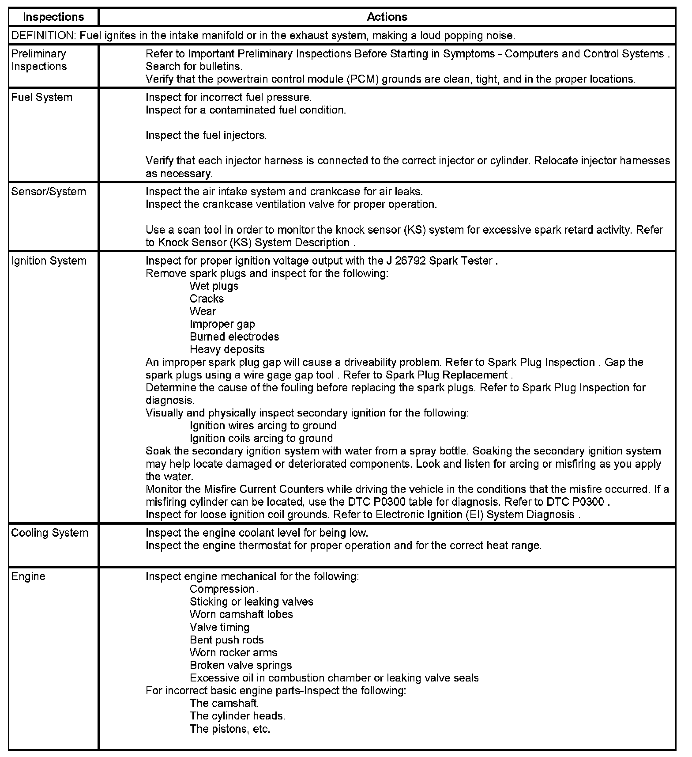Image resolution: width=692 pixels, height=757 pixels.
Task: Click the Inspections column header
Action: tap(53, 17)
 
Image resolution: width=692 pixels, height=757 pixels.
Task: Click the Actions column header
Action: tap(387, 17)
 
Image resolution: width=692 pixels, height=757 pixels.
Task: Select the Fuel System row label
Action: tap(42, 98)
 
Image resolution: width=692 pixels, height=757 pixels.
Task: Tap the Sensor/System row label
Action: tap(49, 192)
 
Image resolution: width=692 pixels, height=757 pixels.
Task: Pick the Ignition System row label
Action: tap(49, 261)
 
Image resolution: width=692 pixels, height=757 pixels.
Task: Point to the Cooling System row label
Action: tap(49, 533)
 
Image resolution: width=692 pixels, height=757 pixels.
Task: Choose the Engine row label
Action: tap(28, 577)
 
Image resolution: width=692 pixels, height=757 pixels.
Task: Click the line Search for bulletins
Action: tap(194, 67)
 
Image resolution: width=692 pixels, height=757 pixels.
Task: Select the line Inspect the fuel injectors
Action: tap(206, 136)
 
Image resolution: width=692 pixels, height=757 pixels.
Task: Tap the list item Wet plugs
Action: tap(214, 286)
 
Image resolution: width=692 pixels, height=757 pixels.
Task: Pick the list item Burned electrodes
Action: tap(234, 337)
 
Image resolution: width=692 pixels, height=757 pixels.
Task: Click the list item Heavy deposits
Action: tap(227, 350)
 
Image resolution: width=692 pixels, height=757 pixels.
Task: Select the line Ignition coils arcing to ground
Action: tap(261, 439)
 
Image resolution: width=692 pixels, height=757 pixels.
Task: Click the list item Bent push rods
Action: tap(226, 640)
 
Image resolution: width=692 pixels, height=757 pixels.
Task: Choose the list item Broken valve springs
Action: tap(241, 666)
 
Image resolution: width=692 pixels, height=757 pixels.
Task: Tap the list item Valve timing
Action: tap(219, 628)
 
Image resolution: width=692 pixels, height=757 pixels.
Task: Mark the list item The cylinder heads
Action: tap(237, 716)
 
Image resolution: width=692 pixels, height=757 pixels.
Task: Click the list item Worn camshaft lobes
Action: tap(241, 615)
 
